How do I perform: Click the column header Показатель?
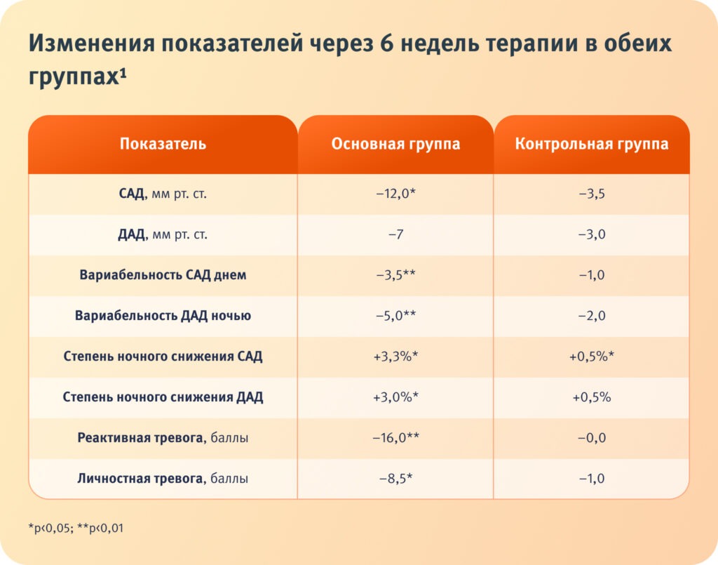click(x=163, y=145)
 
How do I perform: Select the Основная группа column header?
click(x=395, y=145)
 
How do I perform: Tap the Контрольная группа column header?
click(x=591, y=145)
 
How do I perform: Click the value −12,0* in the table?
click(x=395, y=194)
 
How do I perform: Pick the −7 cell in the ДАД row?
click(x=395, y=234)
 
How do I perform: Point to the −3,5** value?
click(x=395, y=275)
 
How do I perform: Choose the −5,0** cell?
click(x=395, y=316)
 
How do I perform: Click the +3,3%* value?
click(x=395, y=357)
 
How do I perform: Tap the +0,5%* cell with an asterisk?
click(x=591, y=357)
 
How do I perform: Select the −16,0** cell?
click(x=395, y=438)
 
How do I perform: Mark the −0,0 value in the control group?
click(x=591, y=438)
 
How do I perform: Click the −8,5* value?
click(x=395, y=479)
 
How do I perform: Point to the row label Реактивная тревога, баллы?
click(x=163, y=438)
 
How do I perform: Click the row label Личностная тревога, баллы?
click(x=163, y=479)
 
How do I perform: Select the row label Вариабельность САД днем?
click(x=163, y=275)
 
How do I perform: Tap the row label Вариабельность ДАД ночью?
click(x=163, y=316)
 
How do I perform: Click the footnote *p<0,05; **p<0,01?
click(x=76, y=528)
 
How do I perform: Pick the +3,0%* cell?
click(x=395, y=397)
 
